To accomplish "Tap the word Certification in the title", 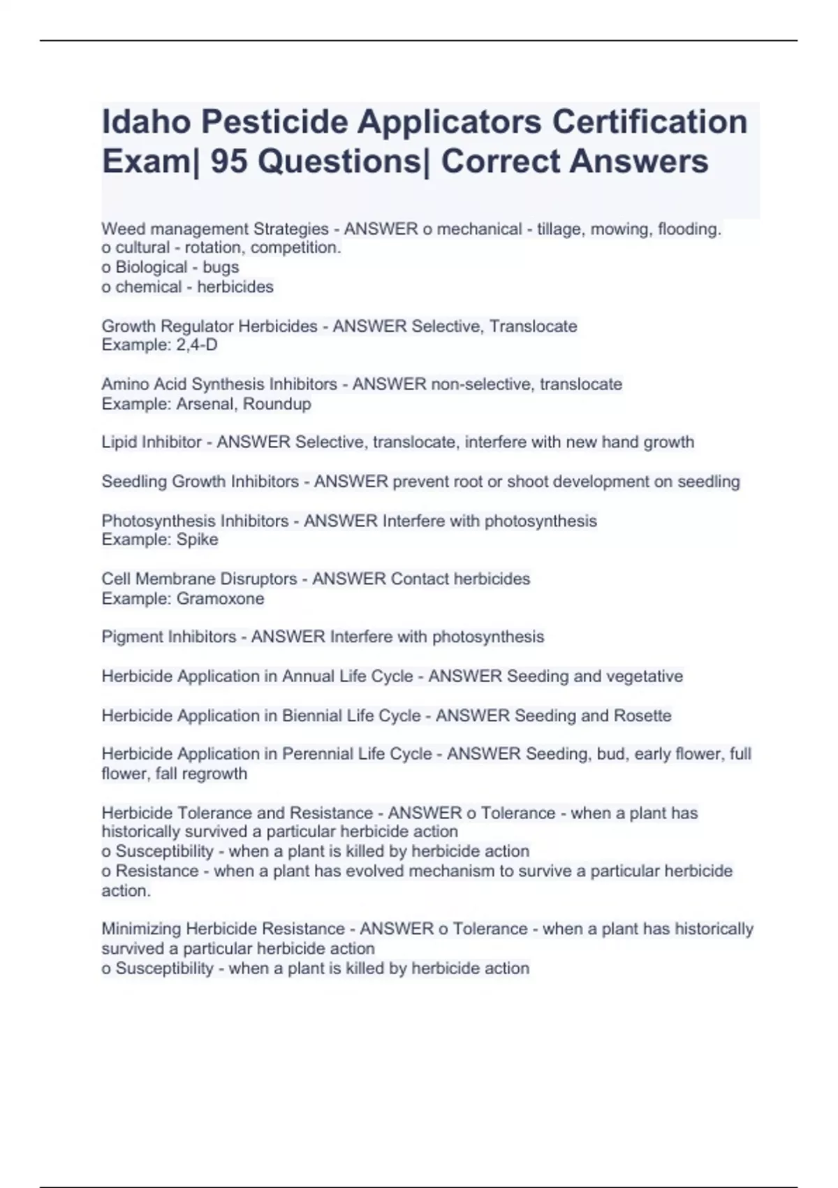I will click(x=649, y=122).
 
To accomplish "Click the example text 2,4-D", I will click(x=197, y=345).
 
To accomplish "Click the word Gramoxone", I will click(x=220, y=599).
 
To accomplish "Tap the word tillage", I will click(x=559, y=229).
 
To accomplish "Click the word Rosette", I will click(x=642, y=716).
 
